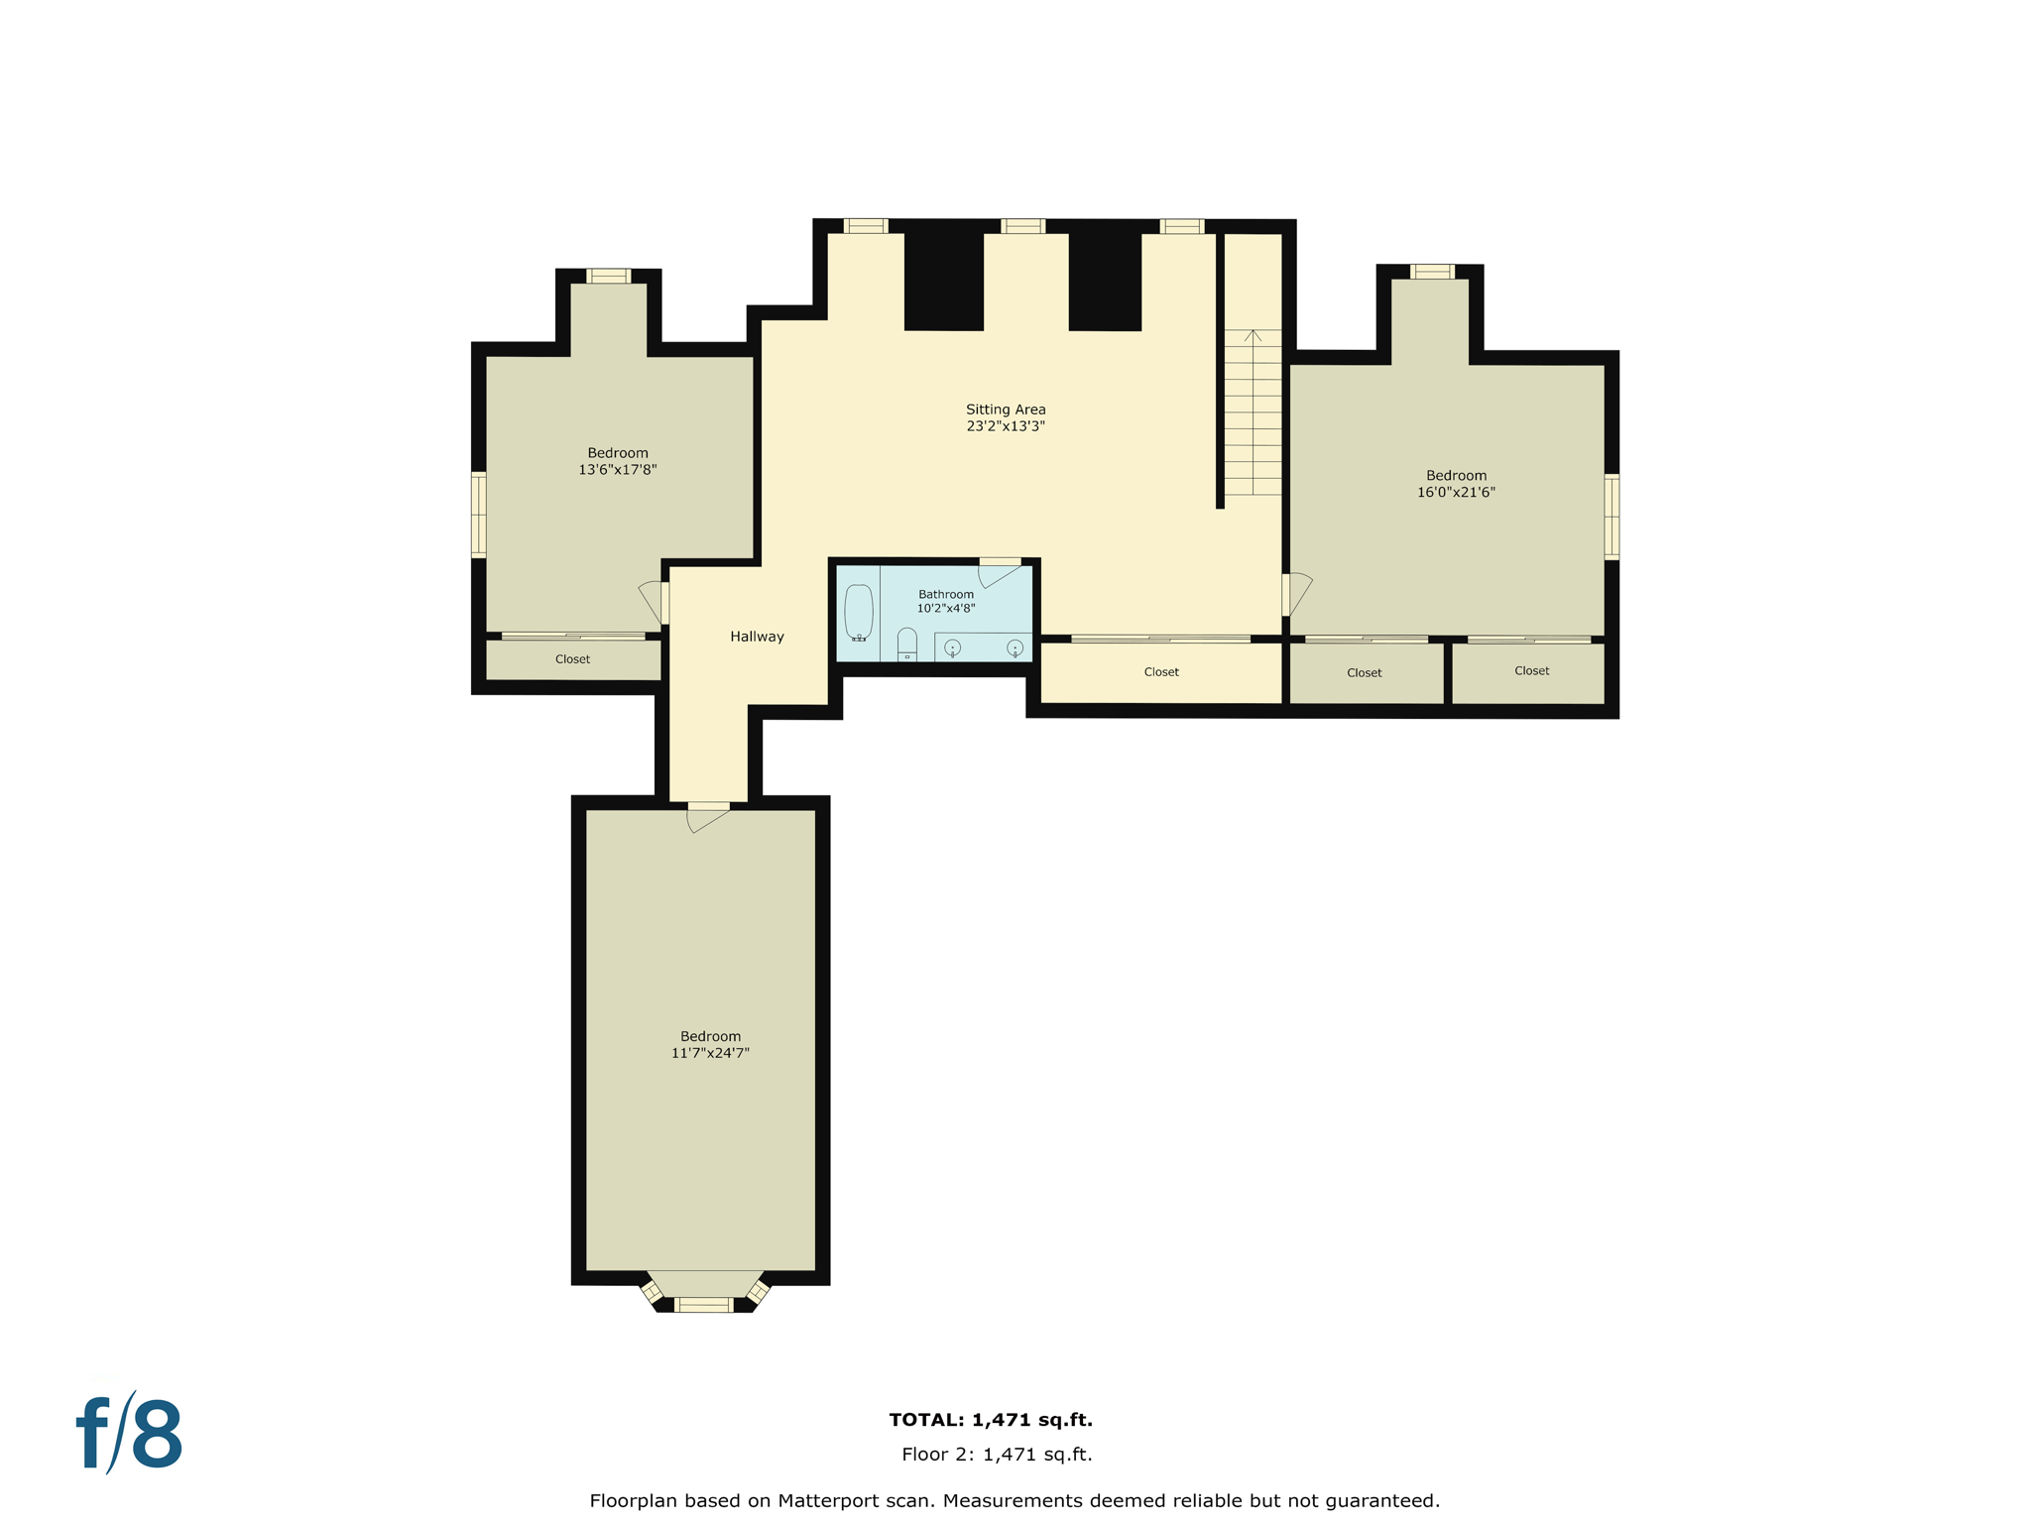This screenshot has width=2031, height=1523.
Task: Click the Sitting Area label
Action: (1006, 410)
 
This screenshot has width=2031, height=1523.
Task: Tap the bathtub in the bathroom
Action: (859, 613)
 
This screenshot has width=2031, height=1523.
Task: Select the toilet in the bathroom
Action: (906, 644)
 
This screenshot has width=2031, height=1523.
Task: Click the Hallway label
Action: (757, 637)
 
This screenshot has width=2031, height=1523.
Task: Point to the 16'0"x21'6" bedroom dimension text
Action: (1456, 492)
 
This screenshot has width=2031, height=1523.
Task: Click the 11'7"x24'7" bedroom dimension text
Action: (710, 1053)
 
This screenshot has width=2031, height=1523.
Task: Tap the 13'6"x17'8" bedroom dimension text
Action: (618, 470)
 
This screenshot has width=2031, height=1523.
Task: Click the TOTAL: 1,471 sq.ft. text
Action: (991, 1420)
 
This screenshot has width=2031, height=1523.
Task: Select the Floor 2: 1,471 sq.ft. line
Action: (997, 1455)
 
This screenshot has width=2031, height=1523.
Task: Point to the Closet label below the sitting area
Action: (1161, 672)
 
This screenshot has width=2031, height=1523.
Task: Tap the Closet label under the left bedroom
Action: (572, 659)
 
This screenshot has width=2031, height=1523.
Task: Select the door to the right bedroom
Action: (1295, 594)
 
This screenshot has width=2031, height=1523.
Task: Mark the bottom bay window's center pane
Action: (703, 1305)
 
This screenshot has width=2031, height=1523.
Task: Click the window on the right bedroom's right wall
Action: (1612, 517)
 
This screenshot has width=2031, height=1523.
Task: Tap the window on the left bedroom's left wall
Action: (479, 515)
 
